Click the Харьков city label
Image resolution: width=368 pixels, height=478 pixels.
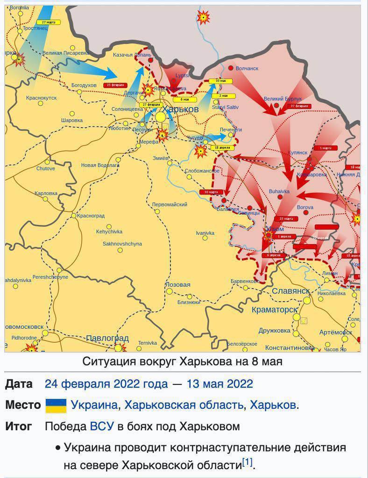click(x=180, y=109)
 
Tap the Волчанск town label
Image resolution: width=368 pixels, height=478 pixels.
click(x=247, y=68)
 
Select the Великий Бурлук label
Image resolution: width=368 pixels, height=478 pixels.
click(x=283, y=99)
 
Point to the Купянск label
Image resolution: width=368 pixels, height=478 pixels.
click(x=298, y=153)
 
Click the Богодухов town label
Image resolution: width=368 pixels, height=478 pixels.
click(x=84, y=85)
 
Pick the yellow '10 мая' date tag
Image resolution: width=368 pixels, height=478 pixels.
click(x=220, y=81)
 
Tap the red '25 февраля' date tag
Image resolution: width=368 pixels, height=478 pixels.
click(x=115, y=85)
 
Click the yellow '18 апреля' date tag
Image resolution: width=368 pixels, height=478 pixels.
click(x=222, y=148)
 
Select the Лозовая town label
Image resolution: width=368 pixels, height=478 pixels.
click(x=178, y=284)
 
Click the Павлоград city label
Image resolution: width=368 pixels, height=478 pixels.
click(x=107, y=338)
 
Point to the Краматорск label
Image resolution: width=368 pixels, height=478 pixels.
click(x=274, y=310)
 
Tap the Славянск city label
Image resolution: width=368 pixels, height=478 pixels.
click(x=290, y=291)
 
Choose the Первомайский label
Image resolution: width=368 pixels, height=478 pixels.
click(x=170, y=204)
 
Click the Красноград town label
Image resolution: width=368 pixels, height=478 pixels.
click(x=91, y=216)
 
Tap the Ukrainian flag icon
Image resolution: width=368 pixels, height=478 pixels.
click(x=56, y=405)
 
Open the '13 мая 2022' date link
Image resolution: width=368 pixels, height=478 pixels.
click(x=219, y=384)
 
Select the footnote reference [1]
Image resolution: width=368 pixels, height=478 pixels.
click(x=247, y=463)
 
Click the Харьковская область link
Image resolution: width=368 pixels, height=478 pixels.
click(x=184, y=405)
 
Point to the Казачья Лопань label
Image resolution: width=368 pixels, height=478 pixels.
click(x=132, y=55)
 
